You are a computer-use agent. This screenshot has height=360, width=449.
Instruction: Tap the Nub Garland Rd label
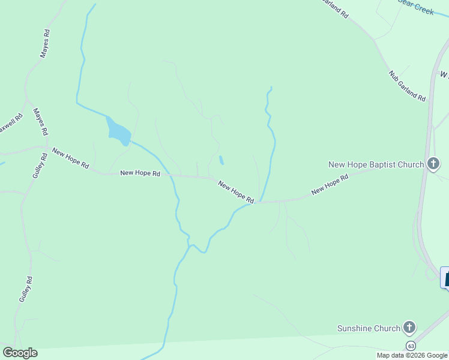pos(407,85)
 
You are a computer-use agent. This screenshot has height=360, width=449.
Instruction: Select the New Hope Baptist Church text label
pos(376,164)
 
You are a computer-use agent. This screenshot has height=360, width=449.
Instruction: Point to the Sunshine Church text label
pos(368,328)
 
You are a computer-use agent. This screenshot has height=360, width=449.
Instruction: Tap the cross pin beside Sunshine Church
pos(409,328)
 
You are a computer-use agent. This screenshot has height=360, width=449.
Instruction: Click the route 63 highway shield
pos(411,346)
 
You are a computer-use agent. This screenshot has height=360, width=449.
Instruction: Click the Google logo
pos(20,353)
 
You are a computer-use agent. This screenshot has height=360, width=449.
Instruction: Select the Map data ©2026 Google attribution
pos(412,355)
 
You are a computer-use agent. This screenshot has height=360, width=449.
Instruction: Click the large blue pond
pos(118,131)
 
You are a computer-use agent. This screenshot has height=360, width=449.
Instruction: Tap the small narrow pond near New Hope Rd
pos(221,160)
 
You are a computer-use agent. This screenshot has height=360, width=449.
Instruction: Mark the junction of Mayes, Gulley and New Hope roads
pos(46,146)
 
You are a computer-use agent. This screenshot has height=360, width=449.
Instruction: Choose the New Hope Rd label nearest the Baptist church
pos(330,185)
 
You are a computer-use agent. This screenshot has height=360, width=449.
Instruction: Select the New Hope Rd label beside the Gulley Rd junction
pos(70,157)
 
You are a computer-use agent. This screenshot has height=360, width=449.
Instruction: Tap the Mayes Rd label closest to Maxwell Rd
pos(40,122)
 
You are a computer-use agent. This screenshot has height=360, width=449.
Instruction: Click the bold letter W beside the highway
pos(444,75)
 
